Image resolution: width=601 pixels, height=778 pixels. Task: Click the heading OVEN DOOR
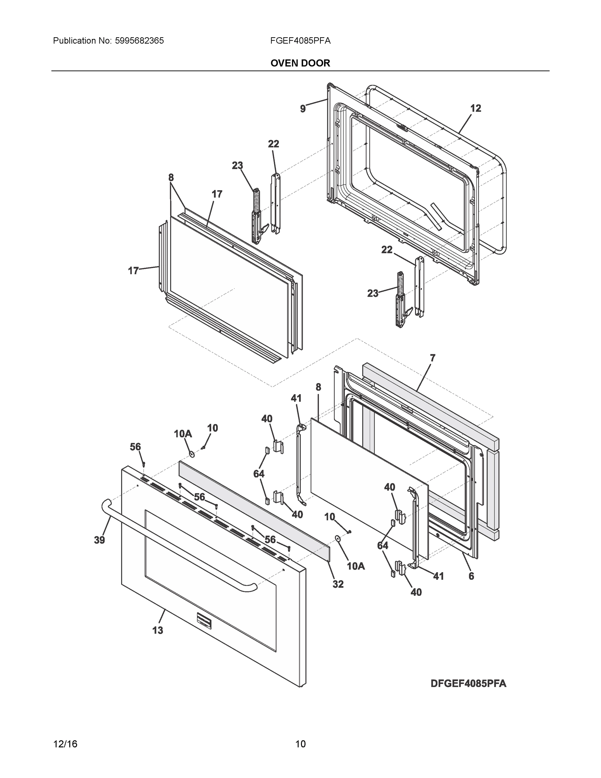300,63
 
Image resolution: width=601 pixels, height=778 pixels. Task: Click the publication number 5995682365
139,41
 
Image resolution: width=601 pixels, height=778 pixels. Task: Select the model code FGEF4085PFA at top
300,41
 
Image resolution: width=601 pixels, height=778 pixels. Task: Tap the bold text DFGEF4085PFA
468,683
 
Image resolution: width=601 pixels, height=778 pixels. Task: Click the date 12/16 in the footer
65,744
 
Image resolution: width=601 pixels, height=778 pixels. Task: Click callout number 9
303,109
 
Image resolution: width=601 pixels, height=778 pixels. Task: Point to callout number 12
476,108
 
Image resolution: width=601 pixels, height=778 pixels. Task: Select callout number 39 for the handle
99,540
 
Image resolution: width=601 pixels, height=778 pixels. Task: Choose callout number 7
432,358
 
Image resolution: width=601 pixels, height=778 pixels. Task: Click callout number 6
471,576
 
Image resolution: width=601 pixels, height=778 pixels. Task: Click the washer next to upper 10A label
192,454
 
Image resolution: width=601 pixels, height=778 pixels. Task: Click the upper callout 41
296,398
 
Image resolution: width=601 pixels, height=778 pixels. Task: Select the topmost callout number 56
135,447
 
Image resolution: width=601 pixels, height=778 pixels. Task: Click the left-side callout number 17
133,271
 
